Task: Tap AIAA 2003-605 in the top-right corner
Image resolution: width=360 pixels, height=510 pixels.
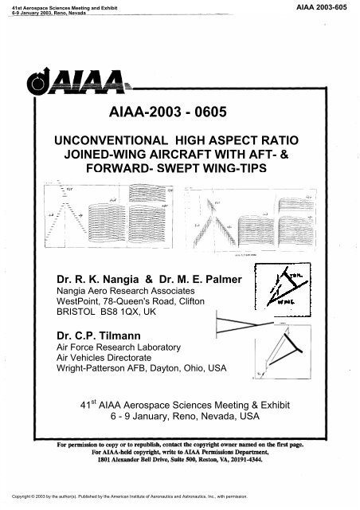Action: (329, 6)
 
